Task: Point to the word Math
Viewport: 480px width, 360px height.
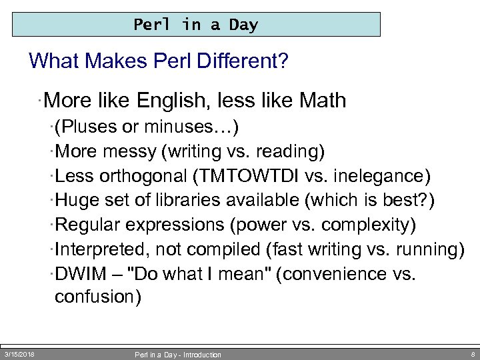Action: pos(323,101)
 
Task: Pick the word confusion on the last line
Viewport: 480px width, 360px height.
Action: pos(97,297)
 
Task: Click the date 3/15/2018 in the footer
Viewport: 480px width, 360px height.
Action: pos(19,354)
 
